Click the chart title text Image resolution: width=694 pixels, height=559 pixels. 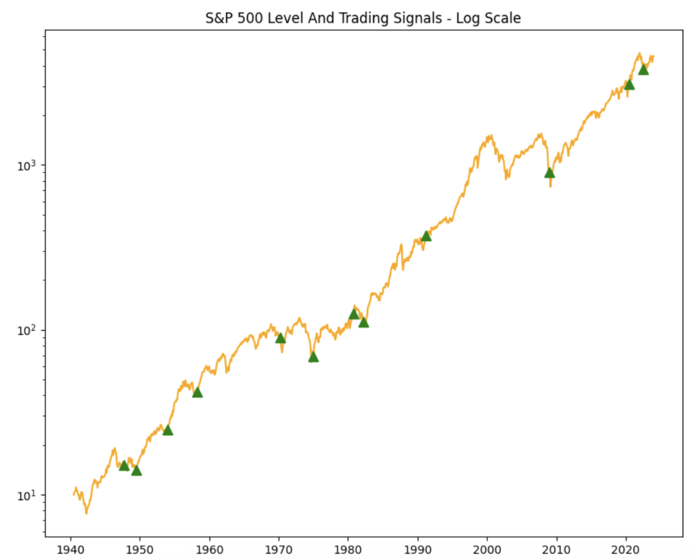pos(363,18)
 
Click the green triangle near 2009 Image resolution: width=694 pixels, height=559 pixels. pos(550,173)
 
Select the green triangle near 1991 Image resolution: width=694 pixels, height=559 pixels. pos(426,236)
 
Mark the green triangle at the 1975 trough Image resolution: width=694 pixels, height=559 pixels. pos(313,357)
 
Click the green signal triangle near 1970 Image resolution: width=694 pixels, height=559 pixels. pos(281,338)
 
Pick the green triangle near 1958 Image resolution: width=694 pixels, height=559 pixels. pos(198,392)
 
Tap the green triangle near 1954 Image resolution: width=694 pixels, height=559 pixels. pos(168,430)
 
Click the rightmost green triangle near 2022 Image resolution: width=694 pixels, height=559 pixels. pos(644,70)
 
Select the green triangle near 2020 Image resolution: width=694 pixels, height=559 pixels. pos(629,85)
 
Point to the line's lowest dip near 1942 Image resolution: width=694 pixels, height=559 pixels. pos(86,513)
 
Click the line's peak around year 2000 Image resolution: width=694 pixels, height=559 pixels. pos(490,135)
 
